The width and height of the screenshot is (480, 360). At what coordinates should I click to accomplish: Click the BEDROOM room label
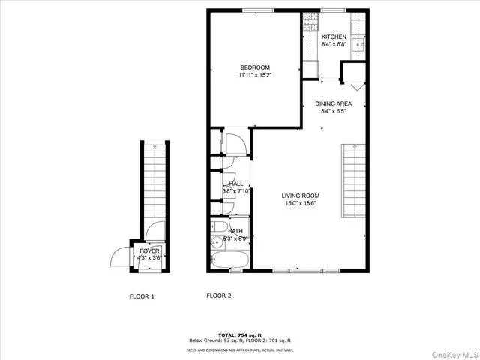pos(254,67)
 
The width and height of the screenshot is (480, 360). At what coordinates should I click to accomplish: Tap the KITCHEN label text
pos(334,37)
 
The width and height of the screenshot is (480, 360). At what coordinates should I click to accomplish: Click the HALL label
pos(236,184)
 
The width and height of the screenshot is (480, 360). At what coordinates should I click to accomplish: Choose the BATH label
pos(235,231)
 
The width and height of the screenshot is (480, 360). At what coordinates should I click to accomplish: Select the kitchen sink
pos(359,44)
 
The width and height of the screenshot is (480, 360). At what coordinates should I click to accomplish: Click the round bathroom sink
pos(217,241)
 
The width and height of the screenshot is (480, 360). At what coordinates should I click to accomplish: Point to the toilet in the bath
pos(219,226)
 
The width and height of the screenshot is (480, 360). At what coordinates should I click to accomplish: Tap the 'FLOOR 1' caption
pos(142,296)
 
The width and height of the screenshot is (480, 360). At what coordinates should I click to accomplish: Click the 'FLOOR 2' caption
pos(219,295)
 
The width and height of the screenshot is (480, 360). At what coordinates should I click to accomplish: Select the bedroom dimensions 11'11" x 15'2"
pos(254,75)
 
